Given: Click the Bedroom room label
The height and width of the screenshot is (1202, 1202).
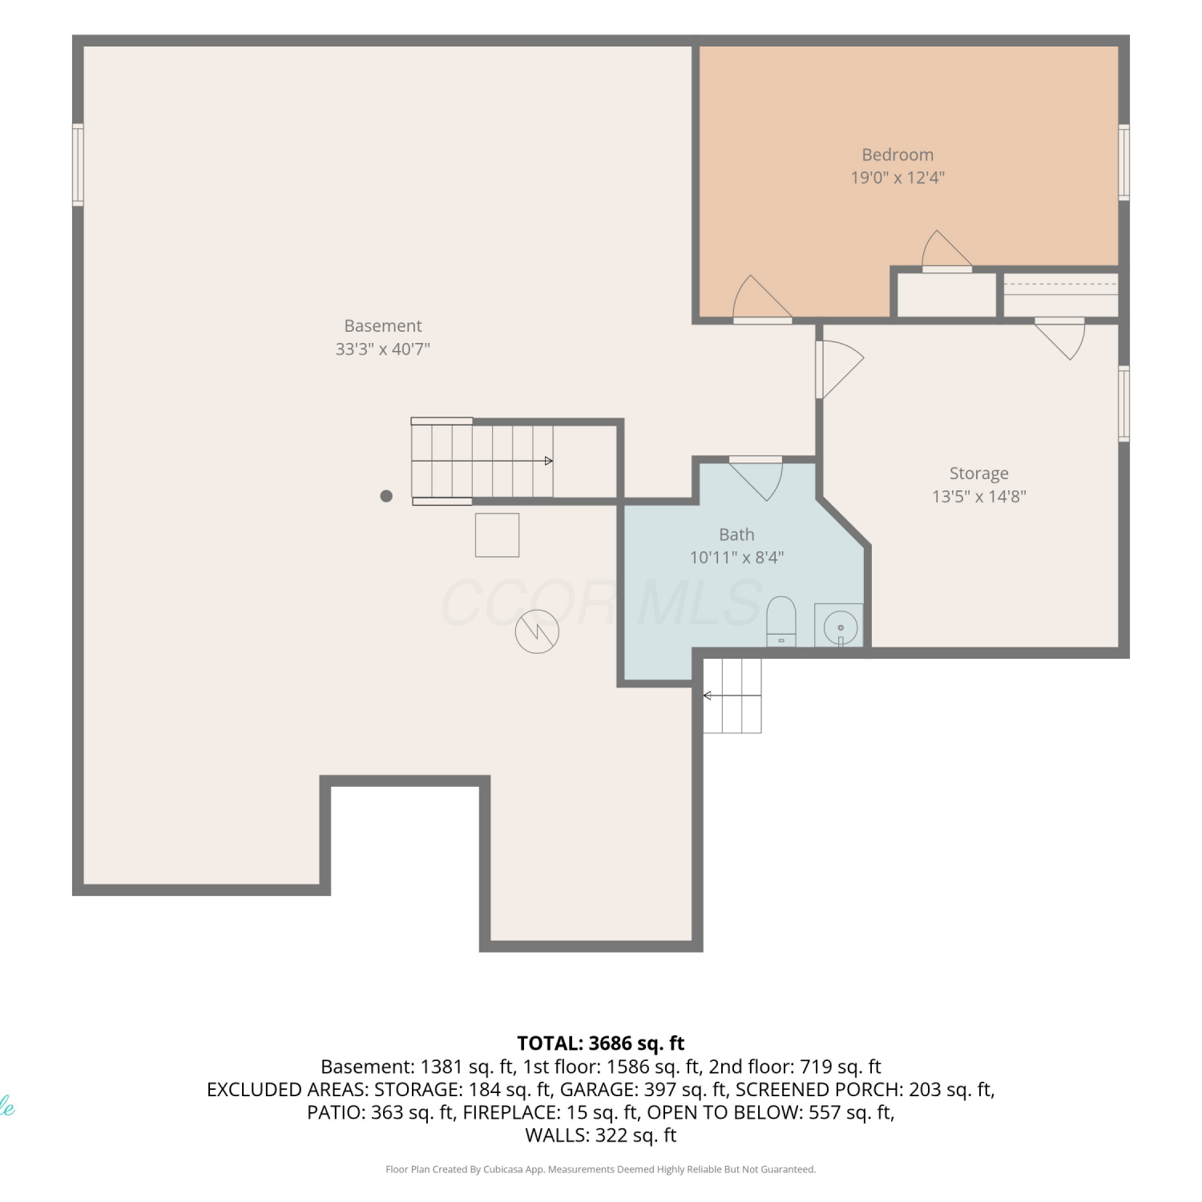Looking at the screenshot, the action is tap(897, 155).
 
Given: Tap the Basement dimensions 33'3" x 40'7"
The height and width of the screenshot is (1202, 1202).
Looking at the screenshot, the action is tap(383, 349).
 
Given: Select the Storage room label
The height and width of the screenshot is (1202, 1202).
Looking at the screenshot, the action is tap(978, 474).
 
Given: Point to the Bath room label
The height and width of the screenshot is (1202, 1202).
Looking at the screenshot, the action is tap(736, 534).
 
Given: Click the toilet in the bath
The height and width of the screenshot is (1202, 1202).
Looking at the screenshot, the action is tap(781, 621).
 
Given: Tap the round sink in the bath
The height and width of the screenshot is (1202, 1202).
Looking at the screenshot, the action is tap(840, 627).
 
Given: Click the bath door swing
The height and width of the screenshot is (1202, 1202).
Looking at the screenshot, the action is tap(756, 478).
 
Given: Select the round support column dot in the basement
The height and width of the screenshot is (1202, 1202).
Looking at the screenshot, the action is tap(386, 496).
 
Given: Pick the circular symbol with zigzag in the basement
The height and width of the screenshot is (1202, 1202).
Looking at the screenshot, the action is tap(537, 631).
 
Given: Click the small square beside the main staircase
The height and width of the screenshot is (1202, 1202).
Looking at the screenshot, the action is tap(498, 535).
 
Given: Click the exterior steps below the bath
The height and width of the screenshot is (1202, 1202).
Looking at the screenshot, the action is tap(732, 696).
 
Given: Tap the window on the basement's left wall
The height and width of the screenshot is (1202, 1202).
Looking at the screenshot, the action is tap(78, 164).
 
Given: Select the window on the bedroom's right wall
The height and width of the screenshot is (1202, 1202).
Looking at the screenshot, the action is tap(1124, 163).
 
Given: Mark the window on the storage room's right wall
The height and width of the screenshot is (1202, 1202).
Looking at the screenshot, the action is tap(1124, 404).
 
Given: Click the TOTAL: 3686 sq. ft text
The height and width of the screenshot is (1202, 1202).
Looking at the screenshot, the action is tap(601, 1043).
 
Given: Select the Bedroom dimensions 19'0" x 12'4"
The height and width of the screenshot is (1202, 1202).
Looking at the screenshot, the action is tap(897, 177).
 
